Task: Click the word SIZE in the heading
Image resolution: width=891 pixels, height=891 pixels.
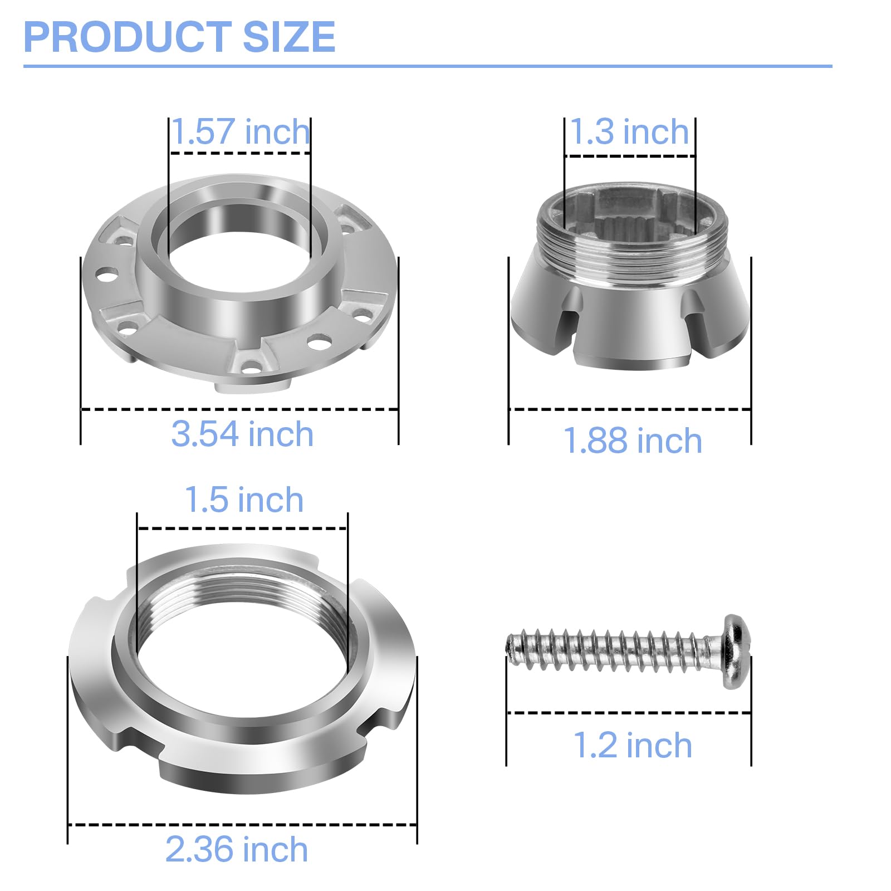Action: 289,37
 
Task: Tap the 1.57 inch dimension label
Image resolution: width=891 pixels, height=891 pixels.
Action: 240,132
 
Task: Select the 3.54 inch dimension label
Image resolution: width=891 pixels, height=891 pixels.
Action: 242,434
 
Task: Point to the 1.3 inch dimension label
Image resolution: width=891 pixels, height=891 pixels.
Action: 630,132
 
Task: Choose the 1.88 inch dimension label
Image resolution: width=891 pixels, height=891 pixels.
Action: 633,440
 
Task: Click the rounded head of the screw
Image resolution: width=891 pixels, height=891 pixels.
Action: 737,652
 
